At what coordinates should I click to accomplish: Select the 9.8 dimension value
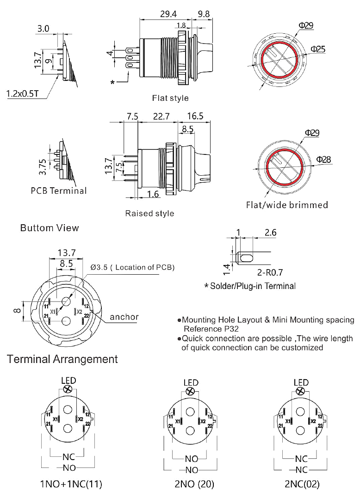[203, 14]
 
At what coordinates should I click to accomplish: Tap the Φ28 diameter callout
[323, 160]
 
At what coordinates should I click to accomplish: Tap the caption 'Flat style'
[170, 98]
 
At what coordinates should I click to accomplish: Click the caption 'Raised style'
[150, 214]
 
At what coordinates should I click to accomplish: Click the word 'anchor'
[124, 317]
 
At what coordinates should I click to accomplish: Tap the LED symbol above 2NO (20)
[189, 392]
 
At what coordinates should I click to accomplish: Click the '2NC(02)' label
[301, 484]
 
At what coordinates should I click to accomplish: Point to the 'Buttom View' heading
[50, 228]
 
